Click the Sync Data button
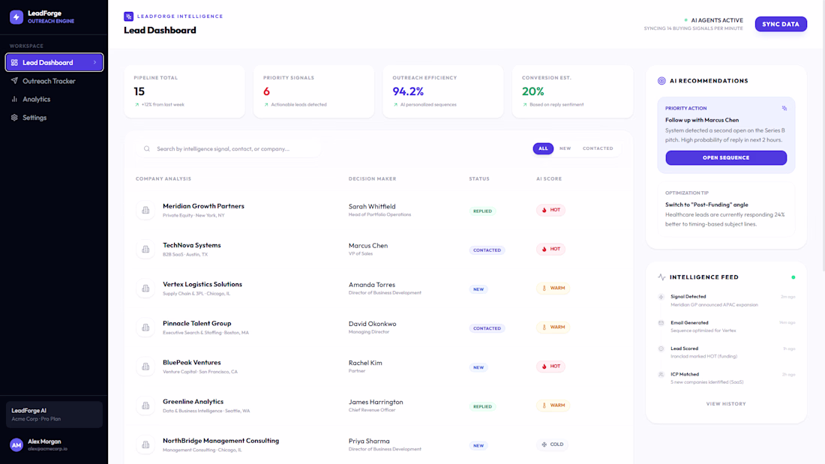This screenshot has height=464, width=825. pos(780,24)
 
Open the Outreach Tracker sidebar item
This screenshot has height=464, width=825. pos(49,81)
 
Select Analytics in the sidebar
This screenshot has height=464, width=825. pos(36,99)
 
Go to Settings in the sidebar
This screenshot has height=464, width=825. pos(34,118)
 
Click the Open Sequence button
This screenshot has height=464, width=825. pos(725,158)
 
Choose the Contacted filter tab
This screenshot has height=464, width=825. pos(598,148)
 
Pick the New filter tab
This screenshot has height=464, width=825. pos(565,148)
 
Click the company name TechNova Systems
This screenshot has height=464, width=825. pos(191,245)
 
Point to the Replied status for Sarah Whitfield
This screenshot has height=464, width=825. pos(482,211)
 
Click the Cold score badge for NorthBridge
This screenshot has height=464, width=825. pos(552,445)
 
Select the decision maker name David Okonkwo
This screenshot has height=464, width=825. pos(372,324)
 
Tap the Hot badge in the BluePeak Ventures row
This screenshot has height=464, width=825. pos(550,367)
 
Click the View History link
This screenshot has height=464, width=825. pos(726,404)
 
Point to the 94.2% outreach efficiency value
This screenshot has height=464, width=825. pos(408,91)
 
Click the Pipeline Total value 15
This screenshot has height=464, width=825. pos(139,91)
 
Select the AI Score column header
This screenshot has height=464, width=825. pos(548,179)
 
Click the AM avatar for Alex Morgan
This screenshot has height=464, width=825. pos(16,445)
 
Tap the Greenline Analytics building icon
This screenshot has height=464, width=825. pos(145,406)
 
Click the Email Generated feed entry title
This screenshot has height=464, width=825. pos(688,322)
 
